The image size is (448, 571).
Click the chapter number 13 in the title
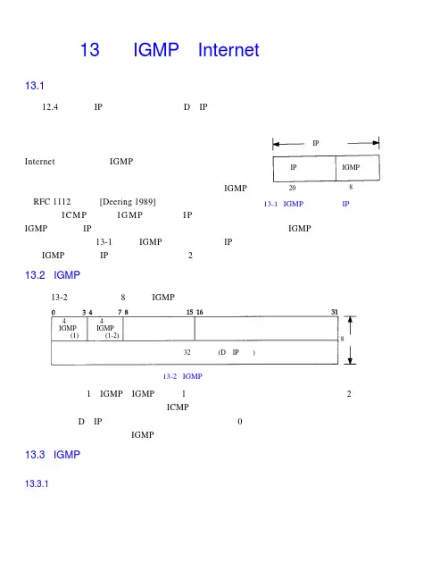coord(89,50)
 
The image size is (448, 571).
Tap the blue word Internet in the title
coord(228,50)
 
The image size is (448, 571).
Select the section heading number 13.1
coord(35,86)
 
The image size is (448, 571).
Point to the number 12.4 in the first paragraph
coord(50,107)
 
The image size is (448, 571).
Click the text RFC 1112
coord(52,202)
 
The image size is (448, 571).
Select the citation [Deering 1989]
coord(128,202)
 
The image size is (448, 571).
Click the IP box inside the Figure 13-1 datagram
coord(304,169)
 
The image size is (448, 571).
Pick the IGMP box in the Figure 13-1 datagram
coord(358,167)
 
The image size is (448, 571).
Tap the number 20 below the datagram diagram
coord(292,188)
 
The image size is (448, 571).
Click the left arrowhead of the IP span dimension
coord(276,144)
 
